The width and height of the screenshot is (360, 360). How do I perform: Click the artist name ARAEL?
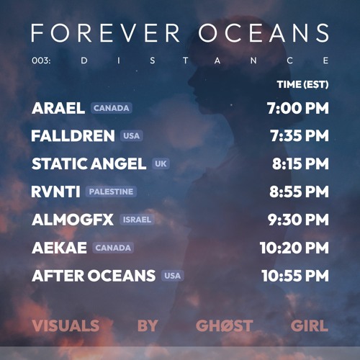[x=58, y=108]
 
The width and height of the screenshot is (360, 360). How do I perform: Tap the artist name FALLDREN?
[x=73, y=135]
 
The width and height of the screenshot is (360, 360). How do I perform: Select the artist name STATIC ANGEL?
[x=89, y=163]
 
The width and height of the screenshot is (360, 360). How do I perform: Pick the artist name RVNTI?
[x=55, y=192]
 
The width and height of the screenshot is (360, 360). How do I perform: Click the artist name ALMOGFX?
[x=73, y=220]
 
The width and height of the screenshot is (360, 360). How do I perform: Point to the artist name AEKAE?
[x=59, y=248]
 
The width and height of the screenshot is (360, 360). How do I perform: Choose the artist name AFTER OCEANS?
[x=94, y=275]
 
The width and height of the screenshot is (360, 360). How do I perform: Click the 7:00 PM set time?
[x=297, y=108]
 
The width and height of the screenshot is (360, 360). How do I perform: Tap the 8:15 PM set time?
[x=300, y=163]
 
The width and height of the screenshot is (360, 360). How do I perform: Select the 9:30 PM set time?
[x=298, y=220]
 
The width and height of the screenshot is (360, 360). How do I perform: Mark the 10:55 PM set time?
[x=294, y=275]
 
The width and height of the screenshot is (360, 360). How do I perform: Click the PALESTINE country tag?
[x=111, y=192]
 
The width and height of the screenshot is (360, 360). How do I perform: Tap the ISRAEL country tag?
[x=136, y=220]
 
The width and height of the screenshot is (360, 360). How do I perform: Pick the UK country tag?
[x=161, y=163]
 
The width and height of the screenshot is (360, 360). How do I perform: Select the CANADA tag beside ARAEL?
[x=111, y=108]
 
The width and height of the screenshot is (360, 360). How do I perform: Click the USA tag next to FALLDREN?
[x=131, y=135]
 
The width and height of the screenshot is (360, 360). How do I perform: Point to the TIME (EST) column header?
[x=302, y=84]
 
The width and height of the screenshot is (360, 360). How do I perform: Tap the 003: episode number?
[x=42, y=60]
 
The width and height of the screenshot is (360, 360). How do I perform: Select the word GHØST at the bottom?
[x=224, y=325]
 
